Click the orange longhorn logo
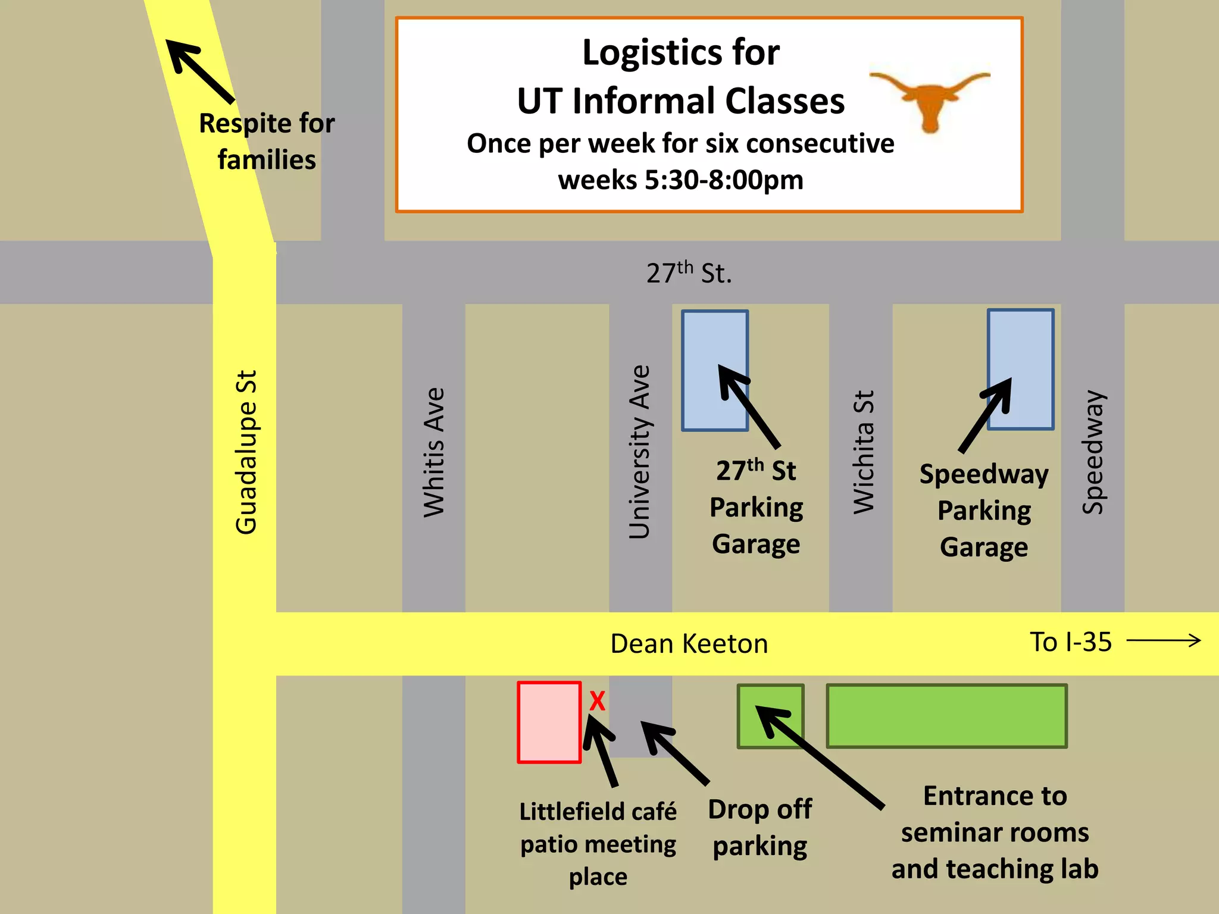(930, 99)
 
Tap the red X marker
(597, 701)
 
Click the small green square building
(770, 716)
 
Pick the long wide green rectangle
(946, 716)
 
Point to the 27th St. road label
(689, 273)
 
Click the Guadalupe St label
(246, 452)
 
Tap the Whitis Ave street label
(434, 452)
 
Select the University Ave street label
(640, 452)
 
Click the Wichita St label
(863, 452)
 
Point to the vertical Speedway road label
(1093, 452)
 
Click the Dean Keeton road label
(689, 644)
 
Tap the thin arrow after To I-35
(1164, 641)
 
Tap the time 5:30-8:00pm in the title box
(724, 180)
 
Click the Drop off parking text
(760, 828)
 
